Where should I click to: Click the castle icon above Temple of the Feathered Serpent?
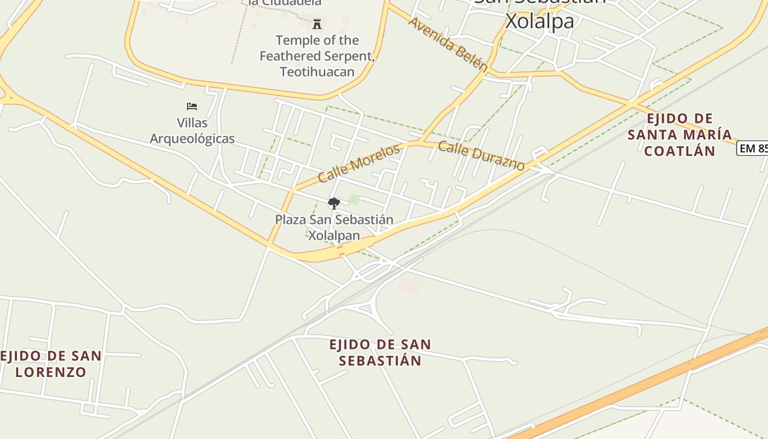[x=317, y=24]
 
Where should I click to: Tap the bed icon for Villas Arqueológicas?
[x=191, y=106]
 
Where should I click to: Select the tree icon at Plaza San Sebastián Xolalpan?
[x=334, y=204]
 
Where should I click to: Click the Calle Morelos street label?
[x=359, y=163]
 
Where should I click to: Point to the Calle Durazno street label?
[x=481, y=157]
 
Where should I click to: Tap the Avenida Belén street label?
[x=448, y=44]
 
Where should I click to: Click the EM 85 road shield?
[x=753, y=148]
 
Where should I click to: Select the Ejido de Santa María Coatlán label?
[x=680, y=134]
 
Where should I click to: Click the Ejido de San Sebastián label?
[x=380, y=352]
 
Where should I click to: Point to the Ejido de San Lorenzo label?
[x=51, y=363]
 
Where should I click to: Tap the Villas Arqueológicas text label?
[x=192, y=131]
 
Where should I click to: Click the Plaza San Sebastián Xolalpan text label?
[x=334, y=227]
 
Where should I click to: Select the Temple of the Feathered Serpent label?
[x=317, y=55]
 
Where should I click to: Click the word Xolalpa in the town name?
[x=539, y=21]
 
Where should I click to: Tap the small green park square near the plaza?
[x=354, y=199]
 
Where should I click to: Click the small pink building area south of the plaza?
[x=410, y=285]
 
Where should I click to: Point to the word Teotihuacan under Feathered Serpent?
[x=317, y=71]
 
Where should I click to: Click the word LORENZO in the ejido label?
[x=51, y=372]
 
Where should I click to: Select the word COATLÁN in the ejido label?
[x=680, y=151]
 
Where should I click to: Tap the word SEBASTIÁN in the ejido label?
[x=380, y=361]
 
